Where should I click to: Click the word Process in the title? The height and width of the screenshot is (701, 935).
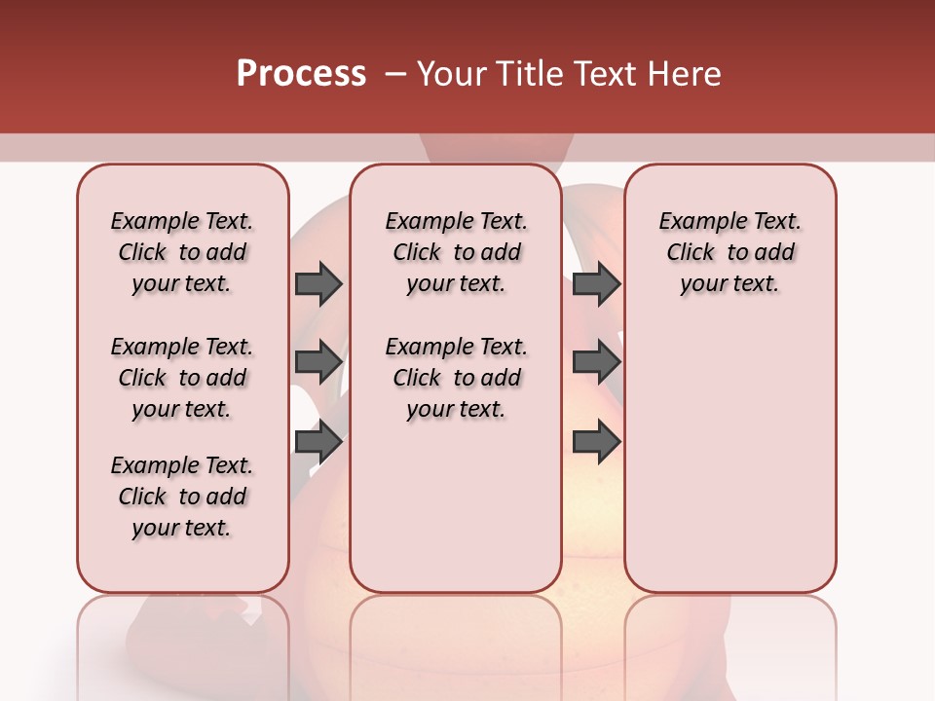point(301,73)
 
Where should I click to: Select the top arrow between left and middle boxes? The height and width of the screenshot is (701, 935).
point(318,283)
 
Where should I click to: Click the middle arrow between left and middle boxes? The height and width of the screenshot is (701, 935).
point(318,362)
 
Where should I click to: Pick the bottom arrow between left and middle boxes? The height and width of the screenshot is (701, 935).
point(318,442)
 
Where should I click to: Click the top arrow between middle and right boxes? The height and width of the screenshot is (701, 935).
point(596,283)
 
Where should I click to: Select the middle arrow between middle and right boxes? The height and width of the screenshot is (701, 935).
point(596,362)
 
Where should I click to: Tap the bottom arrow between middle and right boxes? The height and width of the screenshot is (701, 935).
point(596,442)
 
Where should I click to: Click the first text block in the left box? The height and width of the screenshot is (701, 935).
point(182,252)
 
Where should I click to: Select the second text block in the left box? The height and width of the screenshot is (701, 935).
point(182,378)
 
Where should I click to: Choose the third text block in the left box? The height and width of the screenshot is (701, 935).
point(182,497)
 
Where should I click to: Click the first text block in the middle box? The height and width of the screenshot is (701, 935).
point(456,252)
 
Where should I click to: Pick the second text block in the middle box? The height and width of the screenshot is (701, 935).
point(456,378)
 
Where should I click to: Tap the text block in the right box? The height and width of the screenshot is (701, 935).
point(729,252)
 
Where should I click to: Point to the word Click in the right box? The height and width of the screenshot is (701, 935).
point(691,253)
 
